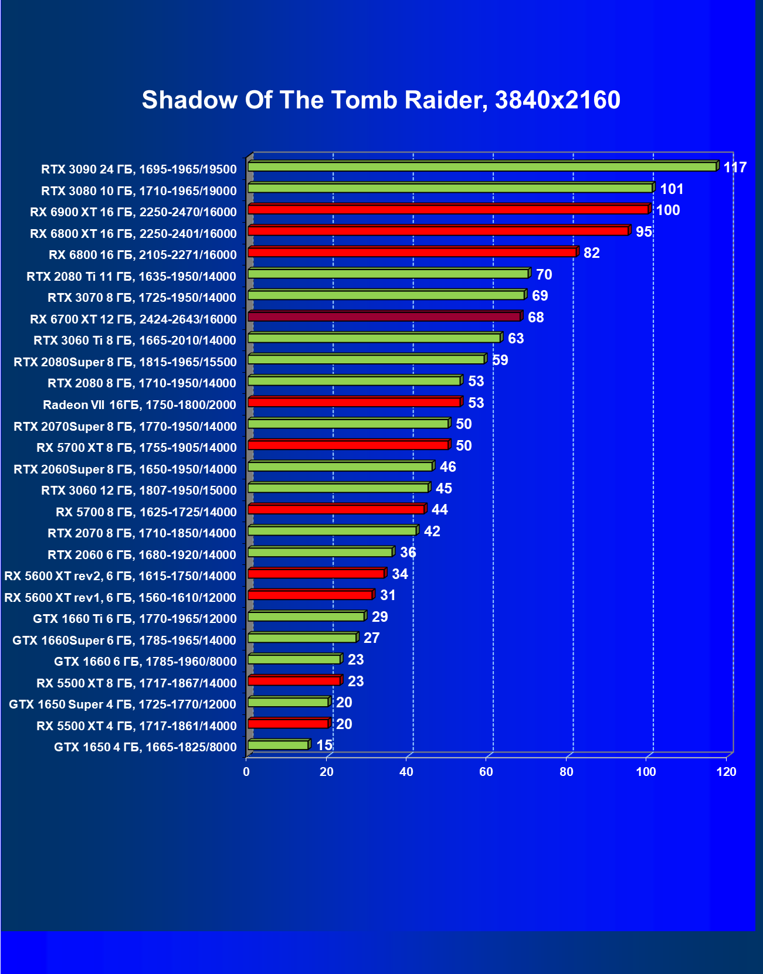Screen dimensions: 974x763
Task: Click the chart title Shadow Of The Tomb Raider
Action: tap(381, 100)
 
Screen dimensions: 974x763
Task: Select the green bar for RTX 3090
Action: tap(482, 167)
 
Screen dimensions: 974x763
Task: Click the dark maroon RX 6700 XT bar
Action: tap(384, 317)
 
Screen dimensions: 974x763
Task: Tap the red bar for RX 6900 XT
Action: tap(448, 210)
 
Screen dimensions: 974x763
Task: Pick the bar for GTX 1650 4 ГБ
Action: tap(278, 745)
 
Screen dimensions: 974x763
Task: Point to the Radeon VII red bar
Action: tap(354, 403)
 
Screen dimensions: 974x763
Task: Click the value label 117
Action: tap(734, 168)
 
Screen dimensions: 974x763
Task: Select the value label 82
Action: tap(591, 253)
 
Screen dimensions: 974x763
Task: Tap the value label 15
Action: tap(324, 745)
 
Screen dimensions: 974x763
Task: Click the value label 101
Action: tap(672, 189)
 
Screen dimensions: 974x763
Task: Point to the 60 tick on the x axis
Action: tap(486, 772)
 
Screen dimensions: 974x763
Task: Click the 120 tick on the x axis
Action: tap(726, 772)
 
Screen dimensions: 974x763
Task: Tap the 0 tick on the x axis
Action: tap(246, 772)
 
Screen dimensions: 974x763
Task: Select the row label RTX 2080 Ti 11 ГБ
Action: tap(131, 277)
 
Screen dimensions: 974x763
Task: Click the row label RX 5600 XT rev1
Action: tap(120, 598)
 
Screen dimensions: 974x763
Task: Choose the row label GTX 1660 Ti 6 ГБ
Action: tap(135, 619)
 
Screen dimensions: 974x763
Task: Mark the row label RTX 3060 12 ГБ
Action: tap(139, 491)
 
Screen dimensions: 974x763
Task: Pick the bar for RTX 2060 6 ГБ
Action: tap(320, 553)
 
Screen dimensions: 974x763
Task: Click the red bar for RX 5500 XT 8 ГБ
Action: tap(294, 681)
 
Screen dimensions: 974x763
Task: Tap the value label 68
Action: tap(535, 318)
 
